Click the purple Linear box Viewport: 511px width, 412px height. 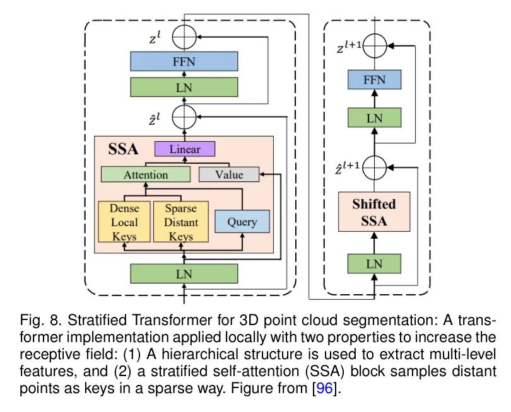(x=184, y=149)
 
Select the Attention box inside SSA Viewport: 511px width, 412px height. (x=146, y=175)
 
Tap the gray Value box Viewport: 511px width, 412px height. (x=229, y=175)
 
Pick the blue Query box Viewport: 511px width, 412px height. (x=242, y=221)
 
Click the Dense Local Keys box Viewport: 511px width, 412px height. (x=124, y=222)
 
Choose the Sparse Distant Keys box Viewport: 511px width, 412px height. (x=181, y=222)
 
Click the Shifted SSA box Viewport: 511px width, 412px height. (x=374, y=212)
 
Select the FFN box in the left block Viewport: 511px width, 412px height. (x=184, y=61)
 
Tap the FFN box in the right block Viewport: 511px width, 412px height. (x=375, y=79)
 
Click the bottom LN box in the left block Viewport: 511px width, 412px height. (x=184, y=273)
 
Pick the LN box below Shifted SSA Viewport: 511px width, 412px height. (x=375, y=263)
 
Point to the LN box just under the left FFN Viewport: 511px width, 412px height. (x=184, y=87)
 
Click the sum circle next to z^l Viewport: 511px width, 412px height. (x=184, y=37)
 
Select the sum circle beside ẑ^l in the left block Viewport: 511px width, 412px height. (x=184, y=117)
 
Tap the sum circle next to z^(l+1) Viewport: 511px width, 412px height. (x=375, y=46)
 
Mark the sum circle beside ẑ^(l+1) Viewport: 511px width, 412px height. (x=375, y=168)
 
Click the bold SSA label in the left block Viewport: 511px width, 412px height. (x=123, y=149)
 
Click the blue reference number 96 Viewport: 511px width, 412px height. (x=324, y=388)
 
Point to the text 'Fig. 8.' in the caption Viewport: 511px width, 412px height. (x=41, y=320)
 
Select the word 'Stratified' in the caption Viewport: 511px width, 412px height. (x=97, y=320)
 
